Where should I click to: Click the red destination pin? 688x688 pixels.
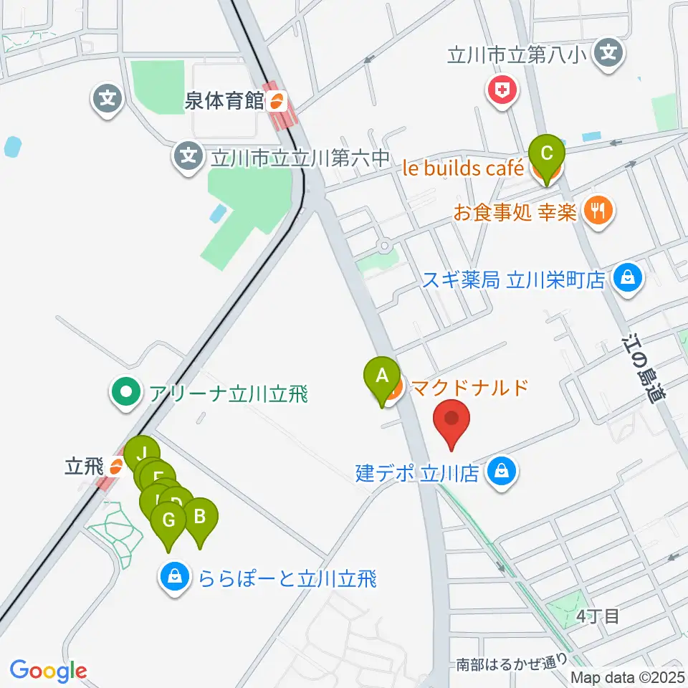click(x=452, y=419)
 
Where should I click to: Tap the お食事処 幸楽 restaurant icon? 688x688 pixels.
click(x=597, y=211)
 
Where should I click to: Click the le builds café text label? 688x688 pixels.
click(x=463, y=169)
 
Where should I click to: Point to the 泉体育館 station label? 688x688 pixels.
click(x=224, y=101)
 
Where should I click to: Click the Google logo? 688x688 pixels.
click(x=48, y=670)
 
